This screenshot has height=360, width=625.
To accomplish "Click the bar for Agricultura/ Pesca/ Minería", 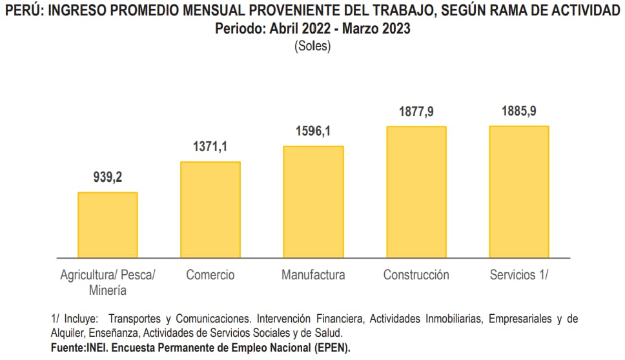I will tap(107, 225).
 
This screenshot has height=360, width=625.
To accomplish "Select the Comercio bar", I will tap(210, 210).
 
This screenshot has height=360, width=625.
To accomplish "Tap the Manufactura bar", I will tap(313, 202).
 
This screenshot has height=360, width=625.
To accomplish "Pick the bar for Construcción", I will tap(416, 192).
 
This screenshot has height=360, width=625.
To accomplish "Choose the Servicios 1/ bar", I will tap(518, 192).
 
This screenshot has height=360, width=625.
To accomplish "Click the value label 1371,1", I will tap(210, 147).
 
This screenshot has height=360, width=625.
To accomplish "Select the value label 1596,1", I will tap(313, 131).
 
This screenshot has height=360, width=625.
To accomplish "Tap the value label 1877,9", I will tap(416, 112).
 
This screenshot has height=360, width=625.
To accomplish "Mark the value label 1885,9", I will tap(518, 111).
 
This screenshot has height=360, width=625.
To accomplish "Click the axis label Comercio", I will tap(210, 275).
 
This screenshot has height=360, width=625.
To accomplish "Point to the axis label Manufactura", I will tap(313, 275).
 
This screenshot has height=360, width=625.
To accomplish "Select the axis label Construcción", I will tap(416, 275).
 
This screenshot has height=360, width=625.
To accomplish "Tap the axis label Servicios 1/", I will tap(518, 275).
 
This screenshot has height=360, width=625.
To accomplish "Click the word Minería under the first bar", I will tap(107, 290).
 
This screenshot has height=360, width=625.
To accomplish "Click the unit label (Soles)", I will tap(312, 46).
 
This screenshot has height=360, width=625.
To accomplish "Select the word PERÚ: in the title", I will tap(24, 11).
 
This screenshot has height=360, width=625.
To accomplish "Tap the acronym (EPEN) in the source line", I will tap(329, 347).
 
